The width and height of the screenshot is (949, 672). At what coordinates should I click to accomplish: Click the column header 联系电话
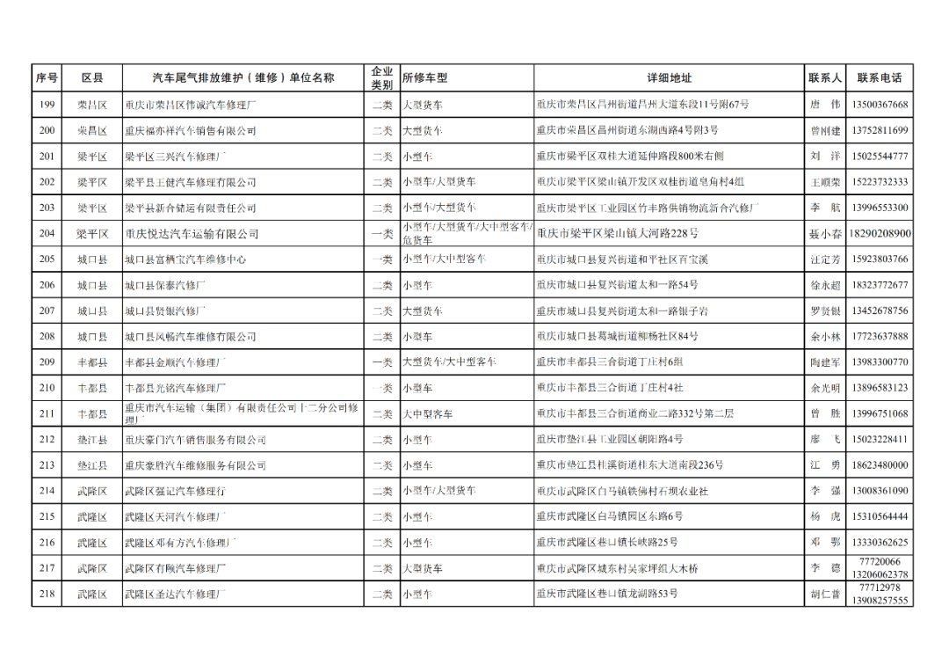pos(880,77)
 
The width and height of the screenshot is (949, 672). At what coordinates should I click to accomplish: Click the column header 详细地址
pos(669,77)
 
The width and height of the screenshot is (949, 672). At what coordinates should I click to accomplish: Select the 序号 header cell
pos(47,77)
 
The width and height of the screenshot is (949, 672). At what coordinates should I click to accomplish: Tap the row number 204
pos(47,234)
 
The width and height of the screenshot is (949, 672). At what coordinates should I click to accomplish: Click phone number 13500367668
pos(880,105)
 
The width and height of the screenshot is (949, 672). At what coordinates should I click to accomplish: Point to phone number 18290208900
pos(880,234)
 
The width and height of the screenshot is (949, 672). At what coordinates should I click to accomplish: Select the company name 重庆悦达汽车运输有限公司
pos(192,234)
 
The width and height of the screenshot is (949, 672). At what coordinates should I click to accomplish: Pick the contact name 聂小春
pos(825,234)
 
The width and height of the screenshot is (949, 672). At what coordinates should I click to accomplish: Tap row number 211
pos(47,413)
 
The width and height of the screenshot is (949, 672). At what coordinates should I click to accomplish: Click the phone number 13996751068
pos(880,413)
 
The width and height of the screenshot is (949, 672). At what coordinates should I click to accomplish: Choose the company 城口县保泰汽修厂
pos(166,285)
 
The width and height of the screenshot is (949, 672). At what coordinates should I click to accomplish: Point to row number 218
pos(47,595)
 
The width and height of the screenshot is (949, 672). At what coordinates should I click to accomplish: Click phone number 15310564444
pos(880,516)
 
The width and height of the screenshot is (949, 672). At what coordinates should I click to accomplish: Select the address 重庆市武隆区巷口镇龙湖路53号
pos(607,595)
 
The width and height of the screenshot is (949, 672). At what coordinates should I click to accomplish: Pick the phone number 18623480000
pos(880,465)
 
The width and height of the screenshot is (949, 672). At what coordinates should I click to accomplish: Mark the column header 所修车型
pos(425,77)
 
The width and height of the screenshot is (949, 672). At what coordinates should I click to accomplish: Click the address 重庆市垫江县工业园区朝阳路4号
pos(610,440)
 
